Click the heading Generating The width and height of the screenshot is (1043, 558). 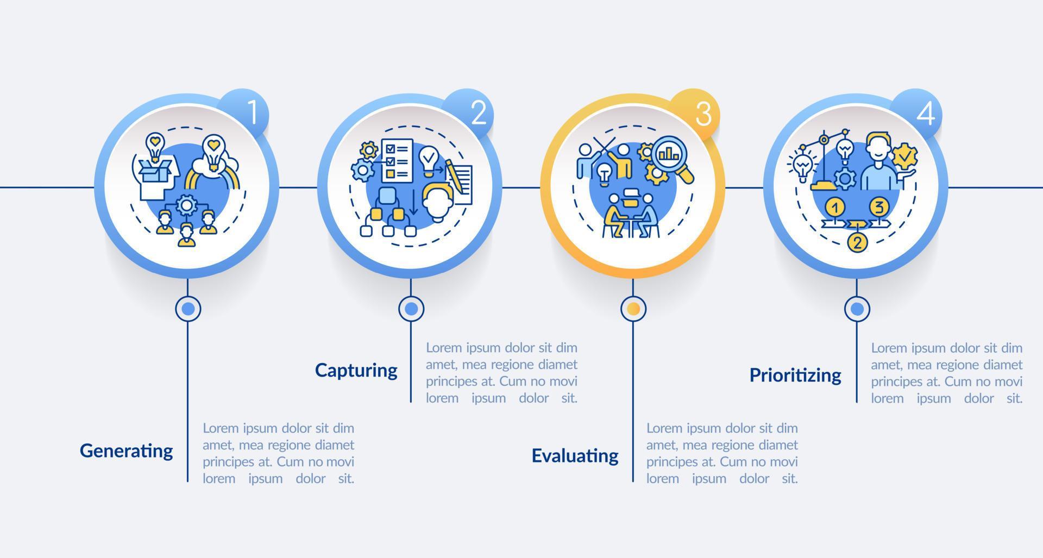[x=126, y=451]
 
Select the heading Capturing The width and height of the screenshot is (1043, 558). [x=356, y=371]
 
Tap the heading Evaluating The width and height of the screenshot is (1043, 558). [x=575, y=456]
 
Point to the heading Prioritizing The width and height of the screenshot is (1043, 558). [x=795, y=375]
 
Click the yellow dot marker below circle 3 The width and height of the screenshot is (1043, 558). [x=633, y=309]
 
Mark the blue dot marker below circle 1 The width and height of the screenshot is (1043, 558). [x=188, y=309]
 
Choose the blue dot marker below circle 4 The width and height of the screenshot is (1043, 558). [x=857, y=309]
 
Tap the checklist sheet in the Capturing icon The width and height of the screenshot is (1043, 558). [x=397, y=160]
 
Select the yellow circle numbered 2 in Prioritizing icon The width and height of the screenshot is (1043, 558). [x=857, y=242]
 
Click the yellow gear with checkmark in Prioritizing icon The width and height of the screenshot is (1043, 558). [x=904, y=158]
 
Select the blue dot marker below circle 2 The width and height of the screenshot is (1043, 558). [x=411, y=309]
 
